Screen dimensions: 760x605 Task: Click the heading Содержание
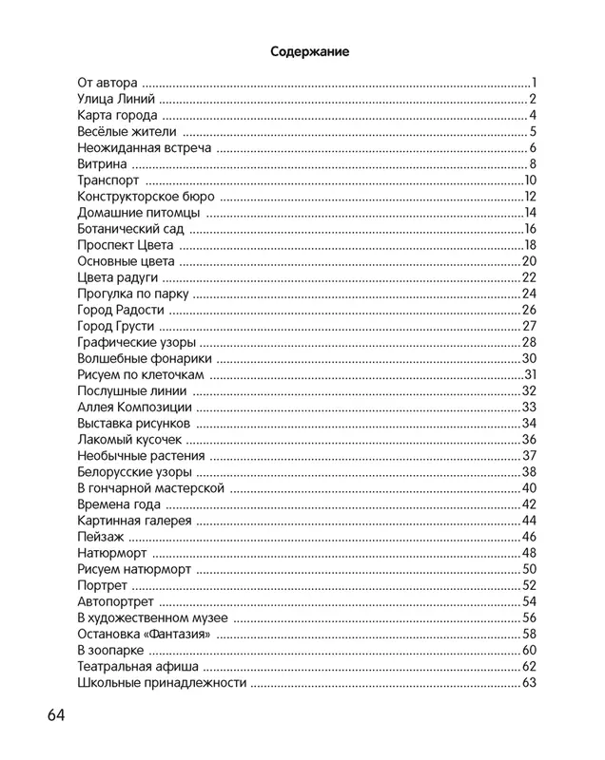tap(309, 51)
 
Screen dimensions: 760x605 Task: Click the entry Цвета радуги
tap(117, 277)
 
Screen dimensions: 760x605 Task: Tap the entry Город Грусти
tap(115, 326)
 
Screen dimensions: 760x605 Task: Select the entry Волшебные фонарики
tap(144, 358)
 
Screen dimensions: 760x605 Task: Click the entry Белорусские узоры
tap(134, 472)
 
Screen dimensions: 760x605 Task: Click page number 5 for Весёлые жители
tap(535, 131)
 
